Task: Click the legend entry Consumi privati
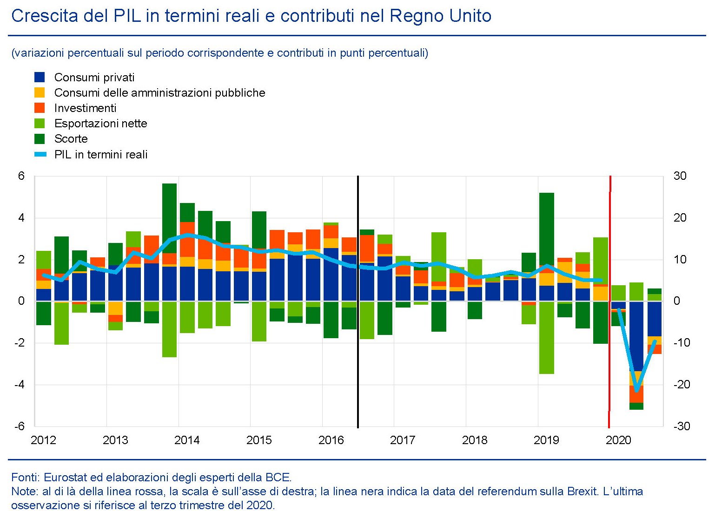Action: [x=94, y=78]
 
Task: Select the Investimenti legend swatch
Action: [x=40, y=108]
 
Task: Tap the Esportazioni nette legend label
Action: [x=100, y=124]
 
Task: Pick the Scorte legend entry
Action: [x=71, y=139]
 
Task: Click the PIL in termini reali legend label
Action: [x=100, y=155]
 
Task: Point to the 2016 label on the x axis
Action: [x=331, y=440]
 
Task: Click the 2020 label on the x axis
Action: [x=618, y=440]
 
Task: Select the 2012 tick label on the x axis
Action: [x=43, y=440]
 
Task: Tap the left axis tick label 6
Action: [x=21, y=176]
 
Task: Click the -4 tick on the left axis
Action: [x=20, y=385]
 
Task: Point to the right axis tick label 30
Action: [x=680, y=176]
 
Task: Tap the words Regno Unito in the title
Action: [x=440, y=16]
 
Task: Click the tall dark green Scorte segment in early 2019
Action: [x=546, y=228]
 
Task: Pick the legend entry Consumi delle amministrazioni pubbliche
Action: [x=159, y=93]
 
